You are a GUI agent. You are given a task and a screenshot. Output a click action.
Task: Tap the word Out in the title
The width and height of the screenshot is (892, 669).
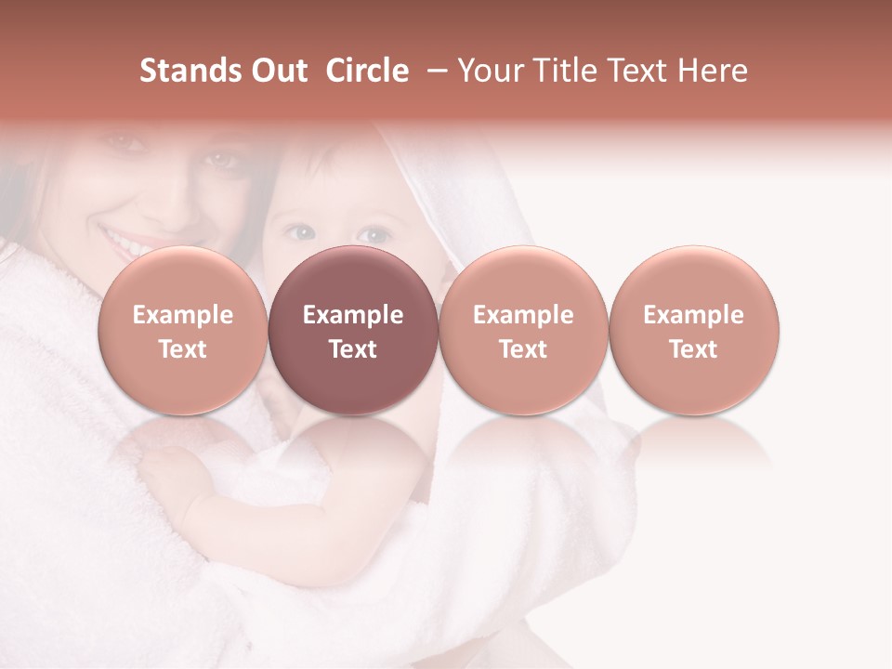[277, 71]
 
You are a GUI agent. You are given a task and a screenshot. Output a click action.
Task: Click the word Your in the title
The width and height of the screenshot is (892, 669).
[491, 72]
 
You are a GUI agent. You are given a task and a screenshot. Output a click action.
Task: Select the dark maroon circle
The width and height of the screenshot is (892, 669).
[353, 331]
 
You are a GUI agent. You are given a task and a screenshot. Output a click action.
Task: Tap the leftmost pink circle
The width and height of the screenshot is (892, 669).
[182, 331]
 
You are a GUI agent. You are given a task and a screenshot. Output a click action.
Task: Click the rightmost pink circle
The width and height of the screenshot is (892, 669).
[694, 331]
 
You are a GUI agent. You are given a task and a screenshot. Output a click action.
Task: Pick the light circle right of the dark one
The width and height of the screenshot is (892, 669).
[523, 331]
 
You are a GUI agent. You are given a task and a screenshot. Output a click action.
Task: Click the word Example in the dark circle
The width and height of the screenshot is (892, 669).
[353, 315]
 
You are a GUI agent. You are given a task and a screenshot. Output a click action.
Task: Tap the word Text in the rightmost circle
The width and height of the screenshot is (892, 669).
[694, 349]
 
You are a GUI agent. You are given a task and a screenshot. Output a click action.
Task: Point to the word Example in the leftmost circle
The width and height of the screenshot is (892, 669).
[182, 315]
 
